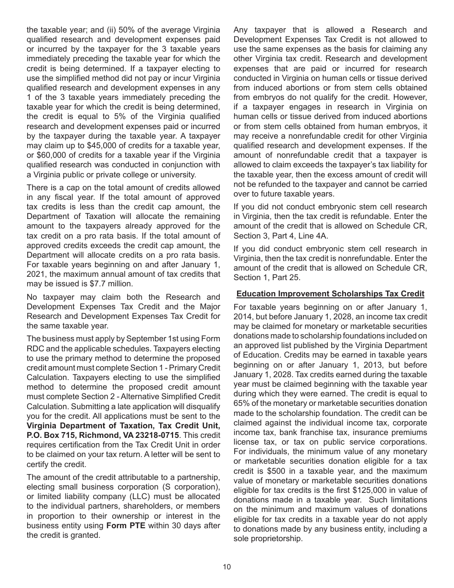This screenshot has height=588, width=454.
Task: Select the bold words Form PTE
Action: (x=123, y=525)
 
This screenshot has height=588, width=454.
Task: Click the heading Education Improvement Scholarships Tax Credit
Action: (x=330, y=294)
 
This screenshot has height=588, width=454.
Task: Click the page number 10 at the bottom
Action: (x=227, y=567)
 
